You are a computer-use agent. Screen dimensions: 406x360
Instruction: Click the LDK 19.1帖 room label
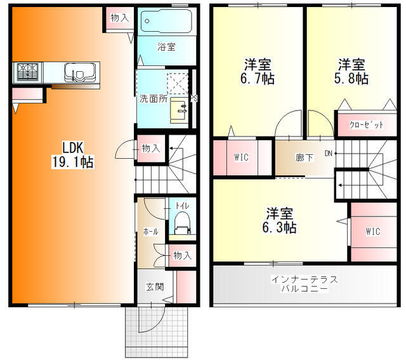point(72,155)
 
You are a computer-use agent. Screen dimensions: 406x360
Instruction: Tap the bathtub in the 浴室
point(166,21)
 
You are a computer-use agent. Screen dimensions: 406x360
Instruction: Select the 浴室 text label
point(166,47)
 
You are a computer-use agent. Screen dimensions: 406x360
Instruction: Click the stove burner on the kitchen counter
point(27,72)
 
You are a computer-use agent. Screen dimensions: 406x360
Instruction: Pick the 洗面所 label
point(154,99)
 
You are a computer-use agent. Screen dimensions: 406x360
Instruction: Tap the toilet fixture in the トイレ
point(183,223)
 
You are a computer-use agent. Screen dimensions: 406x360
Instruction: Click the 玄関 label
point(155,286)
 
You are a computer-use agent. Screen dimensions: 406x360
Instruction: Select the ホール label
point(150,232)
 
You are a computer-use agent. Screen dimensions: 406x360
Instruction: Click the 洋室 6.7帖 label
point(258,72)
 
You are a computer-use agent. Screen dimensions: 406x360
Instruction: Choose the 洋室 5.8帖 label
point(351,72)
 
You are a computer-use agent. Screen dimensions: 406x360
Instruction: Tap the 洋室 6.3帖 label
point(279,220)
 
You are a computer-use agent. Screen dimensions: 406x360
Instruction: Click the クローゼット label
point(366,125)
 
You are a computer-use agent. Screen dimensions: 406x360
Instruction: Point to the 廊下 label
point(304,157)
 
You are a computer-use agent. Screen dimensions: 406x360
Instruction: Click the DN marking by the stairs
point(329,154)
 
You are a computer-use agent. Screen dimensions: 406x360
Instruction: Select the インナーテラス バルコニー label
point(304,284)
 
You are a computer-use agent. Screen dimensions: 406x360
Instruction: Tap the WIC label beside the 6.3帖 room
point(373,231)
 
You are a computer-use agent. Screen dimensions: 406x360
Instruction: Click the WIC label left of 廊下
point(241,157)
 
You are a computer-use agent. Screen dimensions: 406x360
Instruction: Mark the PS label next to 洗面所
point(194,98)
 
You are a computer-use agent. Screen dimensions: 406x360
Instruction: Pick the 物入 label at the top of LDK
point(120,18)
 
